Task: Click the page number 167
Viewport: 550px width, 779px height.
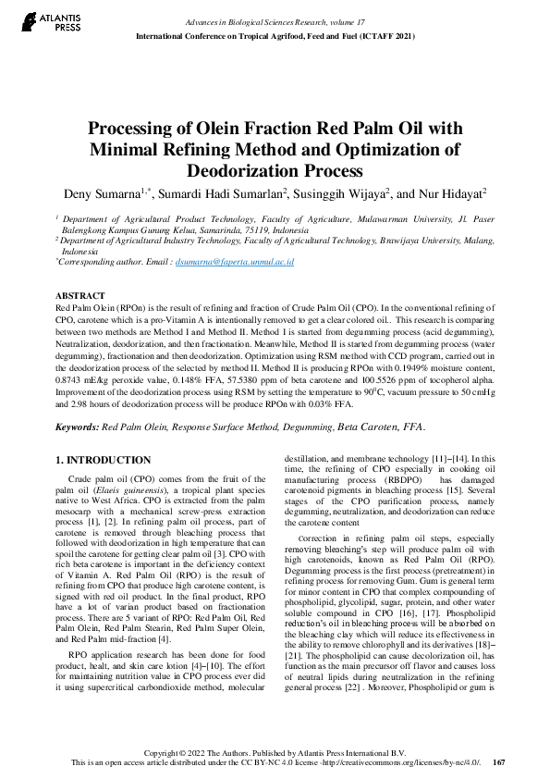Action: pos(499,762)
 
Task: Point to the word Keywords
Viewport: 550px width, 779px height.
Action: pos(77,427)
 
